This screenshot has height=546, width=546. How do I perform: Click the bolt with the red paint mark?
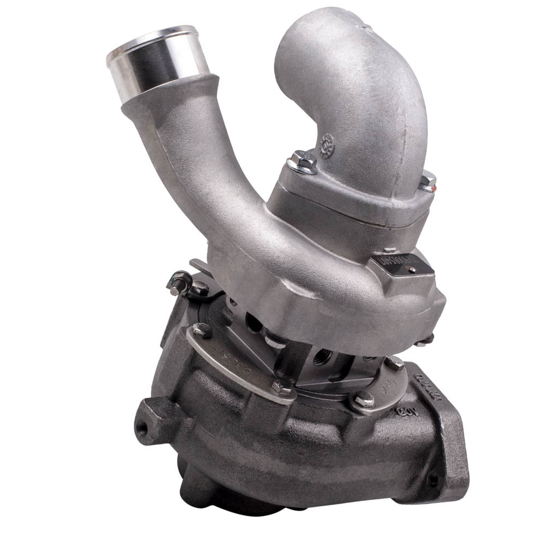(428, 181)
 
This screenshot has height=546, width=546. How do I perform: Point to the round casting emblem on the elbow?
(328, 147)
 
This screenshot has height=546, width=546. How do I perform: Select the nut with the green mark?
(180, 282)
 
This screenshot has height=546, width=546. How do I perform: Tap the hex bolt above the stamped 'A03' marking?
(364, 401)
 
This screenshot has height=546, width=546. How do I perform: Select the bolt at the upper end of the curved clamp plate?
(202, 329)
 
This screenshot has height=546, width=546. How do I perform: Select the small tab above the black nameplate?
(389, 251)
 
